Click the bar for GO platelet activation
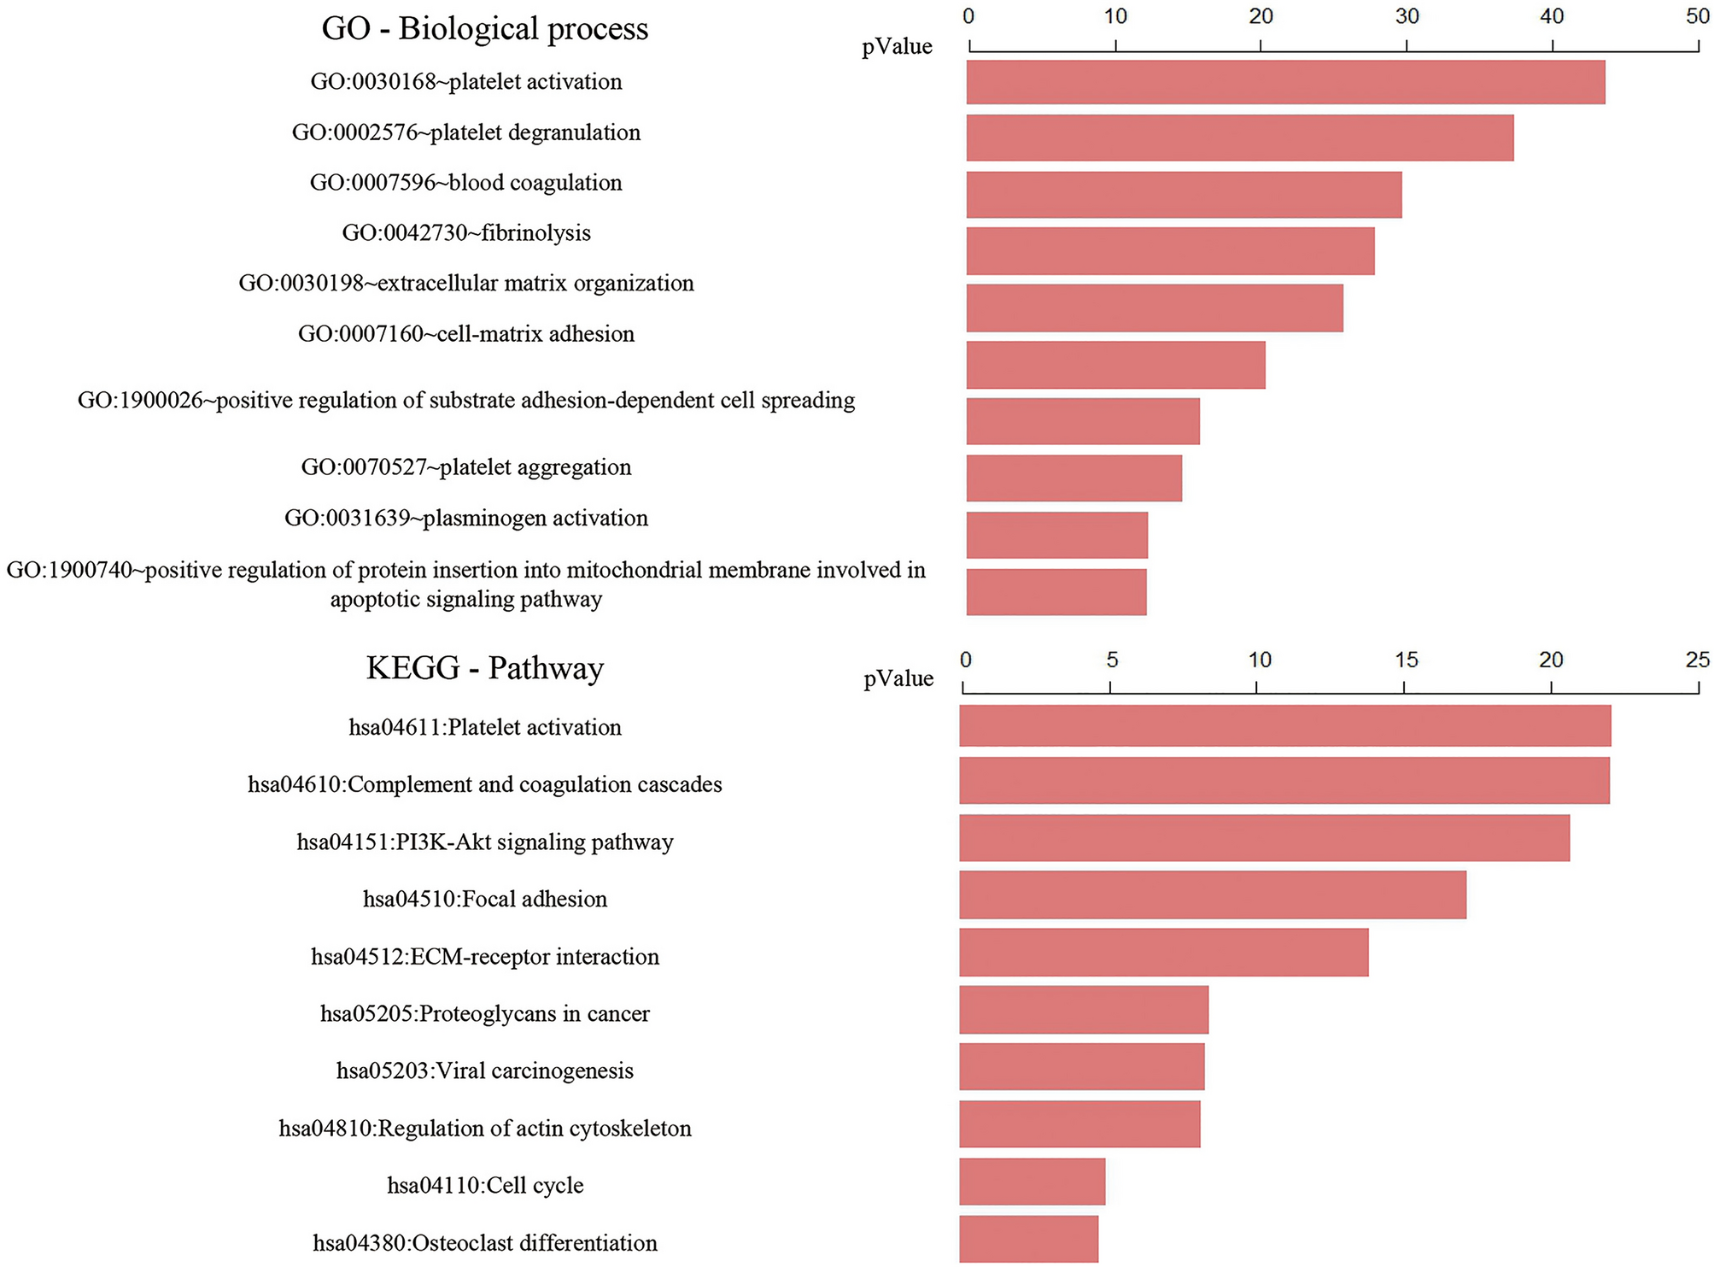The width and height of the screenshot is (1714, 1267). pos(1284,82)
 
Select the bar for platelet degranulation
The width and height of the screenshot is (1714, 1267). pos(1239,138)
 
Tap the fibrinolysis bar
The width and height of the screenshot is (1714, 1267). pos(1170,250)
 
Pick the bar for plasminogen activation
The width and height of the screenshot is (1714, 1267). pos(1056,535)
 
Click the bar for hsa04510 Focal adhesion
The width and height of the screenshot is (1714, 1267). pos(1212,895)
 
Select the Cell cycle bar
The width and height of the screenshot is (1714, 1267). pos(1032,1182)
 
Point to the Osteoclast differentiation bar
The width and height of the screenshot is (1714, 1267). pos(1028,1239)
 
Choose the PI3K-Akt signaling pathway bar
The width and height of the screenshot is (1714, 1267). pos(1264,837)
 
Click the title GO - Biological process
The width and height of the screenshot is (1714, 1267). pos(484,28)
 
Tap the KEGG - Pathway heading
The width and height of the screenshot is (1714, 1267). pos(484,667)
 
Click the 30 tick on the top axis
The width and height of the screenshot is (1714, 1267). pos(1406,16)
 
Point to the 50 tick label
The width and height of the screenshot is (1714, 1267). pos(1697,16)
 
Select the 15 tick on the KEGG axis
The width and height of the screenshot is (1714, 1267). pos(1406,660)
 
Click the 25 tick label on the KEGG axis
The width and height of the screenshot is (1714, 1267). pos(1697,660)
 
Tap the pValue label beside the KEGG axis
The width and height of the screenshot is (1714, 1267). pos(898,678)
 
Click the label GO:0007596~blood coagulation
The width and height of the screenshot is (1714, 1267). pos(465,183)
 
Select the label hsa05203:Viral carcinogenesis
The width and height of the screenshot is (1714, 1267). pos(484,1070)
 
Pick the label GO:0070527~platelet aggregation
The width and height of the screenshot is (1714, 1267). pos(465,467)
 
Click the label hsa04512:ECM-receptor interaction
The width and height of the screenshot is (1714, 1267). pos(484,956)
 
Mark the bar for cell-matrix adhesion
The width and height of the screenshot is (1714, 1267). pos(1115,365)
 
